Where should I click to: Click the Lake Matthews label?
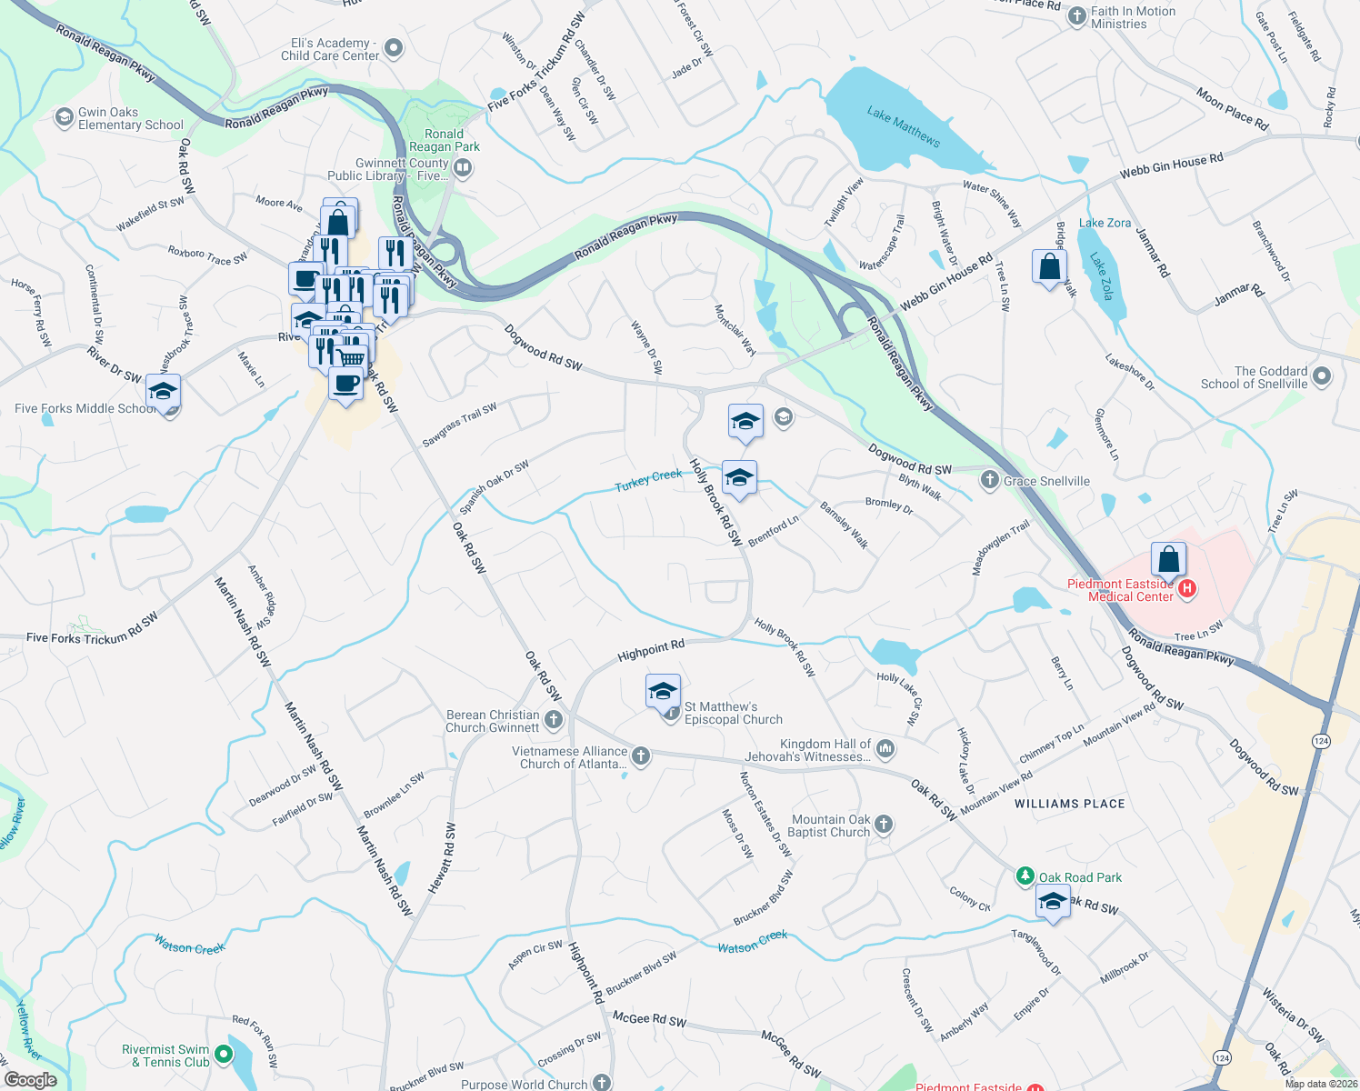click(903, 126)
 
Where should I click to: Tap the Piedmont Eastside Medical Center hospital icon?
click(1186, 590)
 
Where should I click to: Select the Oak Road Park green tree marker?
click(1025, 876)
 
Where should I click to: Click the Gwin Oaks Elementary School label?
click(130, 118)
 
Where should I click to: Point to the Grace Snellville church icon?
click(990, 480)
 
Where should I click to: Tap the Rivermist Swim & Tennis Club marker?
click(223, 1056)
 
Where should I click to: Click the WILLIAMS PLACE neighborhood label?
click(1069, 804)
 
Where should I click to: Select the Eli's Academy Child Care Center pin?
click(394, 48)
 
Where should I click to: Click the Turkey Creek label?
click(648, 480)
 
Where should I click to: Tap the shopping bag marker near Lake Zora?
click(1049, 267)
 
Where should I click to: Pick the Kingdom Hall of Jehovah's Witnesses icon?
click(885, 749)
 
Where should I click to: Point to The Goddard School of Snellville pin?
click(1322, 375)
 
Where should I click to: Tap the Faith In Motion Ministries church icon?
click(1077, 16)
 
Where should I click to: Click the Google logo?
click(30, 1080)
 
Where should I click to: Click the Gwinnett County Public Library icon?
click(463, 167)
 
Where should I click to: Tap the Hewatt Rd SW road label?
click(445, 857)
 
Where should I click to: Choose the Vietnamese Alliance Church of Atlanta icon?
click(641, 756)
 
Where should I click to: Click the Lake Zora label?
click(1105, 223)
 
